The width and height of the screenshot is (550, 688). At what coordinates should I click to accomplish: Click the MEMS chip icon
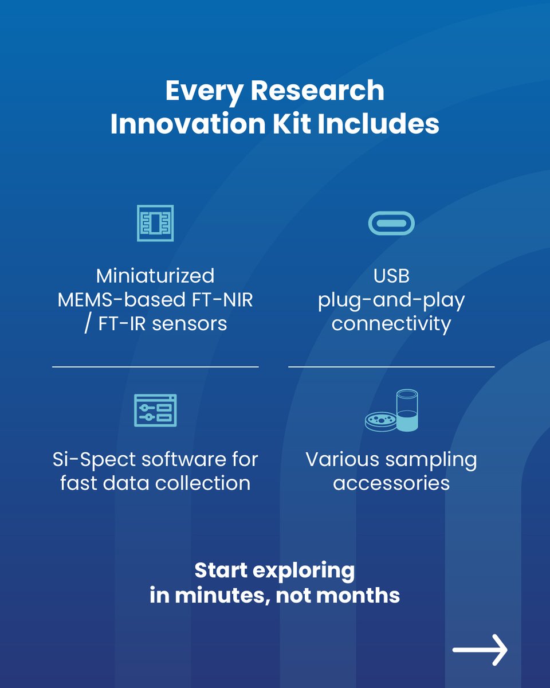click(x=155, y=223)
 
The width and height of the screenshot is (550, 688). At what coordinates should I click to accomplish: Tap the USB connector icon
click(x=391, y=223)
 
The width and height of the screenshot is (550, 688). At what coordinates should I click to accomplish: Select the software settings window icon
click(x=155, y=410)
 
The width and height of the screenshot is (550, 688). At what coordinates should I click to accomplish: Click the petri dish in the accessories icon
click(x=380, y=421)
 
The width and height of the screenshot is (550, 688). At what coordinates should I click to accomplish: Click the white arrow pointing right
click(x=480, y=650)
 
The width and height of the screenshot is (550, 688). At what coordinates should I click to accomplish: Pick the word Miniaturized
click(x=155, y=276)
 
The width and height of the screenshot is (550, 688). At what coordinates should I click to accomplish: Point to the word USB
click(x=391, y=276)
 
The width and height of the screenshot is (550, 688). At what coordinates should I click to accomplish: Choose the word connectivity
click(x=391, y=324)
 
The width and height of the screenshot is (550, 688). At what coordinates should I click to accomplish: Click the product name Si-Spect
click(x=92, y=459)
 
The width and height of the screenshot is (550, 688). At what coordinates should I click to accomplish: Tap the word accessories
click(x=391, y=483)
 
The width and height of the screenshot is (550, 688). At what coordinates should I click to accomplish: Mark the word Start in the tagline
click(x=221, y=570)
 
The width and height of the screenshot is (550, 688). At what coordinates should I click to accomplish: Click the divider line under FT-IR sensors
click(x=155, y=366)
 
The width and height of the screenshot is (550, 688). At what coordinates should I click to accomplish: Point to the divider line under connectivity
click(x=391, y=366)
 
